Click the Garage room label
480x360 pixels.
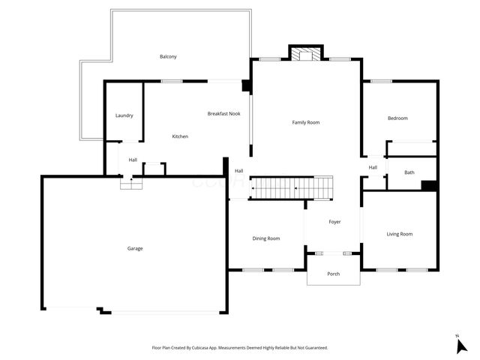[135, 248]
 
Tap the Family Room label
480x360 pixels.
[306, 121]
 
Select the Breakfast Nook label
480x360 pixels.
[223, 113]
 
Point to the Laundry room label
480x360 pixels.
[124, 115]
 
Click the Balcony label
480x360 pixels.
[168, 57]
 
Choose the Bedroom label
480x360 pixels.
[397, 118]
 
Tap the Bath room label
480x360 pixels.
[409, 172]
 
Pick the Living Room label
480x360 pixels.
[400, 234]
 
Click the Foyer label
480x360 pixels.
[335, 222]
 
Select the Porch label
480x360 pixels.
[334, 274]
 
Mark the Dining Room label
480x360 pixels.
[266, 238]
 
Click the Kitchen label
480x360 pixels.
[180, 136]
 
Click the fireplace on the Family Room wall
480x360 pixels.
[305, 54]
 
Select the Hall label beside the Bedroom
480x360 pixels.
[373, 167]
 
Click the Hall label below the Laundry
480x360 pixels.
[133, 160]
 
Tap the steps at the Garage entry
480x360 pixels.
[131, 182]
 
